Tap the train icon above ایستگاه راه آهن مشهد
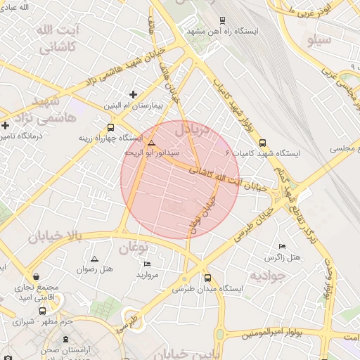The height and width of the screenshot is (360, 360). coord(223,20)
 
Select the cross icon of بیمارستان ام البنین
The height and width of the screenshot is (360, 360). coord(134,94)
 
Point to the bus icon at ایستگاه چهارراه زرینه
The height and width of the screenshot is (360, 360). coord(110,127)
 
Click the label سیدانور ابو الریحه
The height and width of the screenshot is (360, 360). coord(152,153)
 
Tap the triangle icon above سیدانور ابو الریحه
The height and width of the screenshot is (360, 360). coord(152,143)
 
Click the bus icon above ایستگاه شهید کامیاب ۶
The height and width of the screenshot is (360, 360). coord(263,142)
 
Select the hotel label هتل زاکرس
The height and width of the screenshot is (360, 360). coord(282,257)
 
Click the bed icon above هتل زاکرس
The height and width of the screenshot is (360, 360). coord(283,247)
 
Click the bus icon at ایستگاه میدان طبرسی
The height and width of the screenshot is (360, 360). coord(207,278)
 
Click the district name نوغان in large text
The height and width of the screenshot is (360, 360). coord(131,247)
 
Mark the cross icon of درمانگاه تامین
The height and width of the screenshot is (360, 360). coord(5,125)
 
